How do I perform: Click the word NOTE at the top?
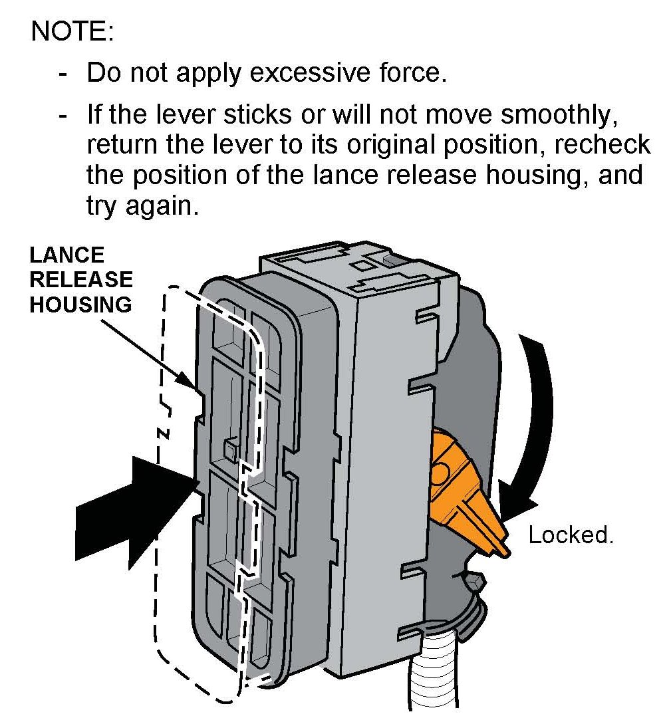click(72, 31)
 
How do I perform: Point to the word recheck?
click(603, 146)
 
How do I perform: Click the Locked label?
click(570, 535)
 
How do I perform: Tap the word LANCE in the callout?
click(67, 255)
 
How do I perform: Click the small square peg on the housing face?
click(230, 449)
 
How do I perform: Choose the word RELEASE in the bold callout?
click(81, 279)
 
